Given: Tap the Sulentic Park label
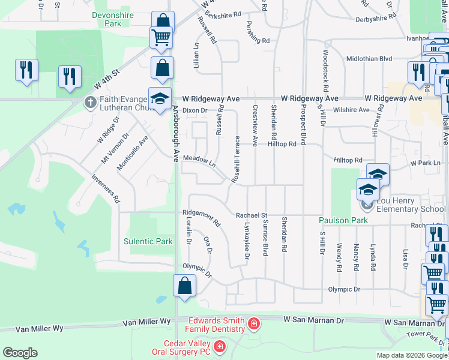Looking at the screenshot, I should coord(148,241).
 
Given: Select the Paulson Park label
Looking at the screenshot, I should coord(342,220).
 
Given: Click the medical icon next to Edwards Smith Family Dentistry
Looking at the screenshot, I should coord(254,325).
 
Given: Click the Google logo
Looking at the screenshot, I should coord(20,353).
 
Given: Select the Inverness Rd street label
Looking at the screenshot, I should coord(106,188).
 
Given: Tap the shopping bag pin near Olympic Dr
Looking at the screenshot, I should coord(184,285).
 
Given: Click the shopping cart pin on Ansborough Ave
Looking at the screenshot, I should coord(161,37).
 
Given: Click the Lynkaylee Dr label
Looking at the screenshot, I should coord(247,239).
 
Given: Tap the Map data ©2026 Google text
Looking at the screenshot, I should coord(412,355).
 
